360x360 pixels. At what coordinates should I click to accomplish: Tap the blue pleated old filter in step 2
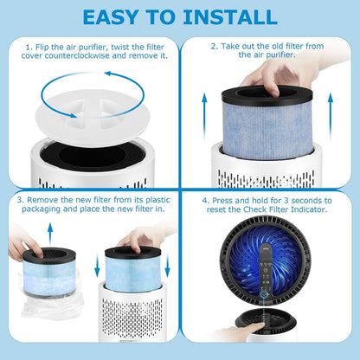276,130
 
